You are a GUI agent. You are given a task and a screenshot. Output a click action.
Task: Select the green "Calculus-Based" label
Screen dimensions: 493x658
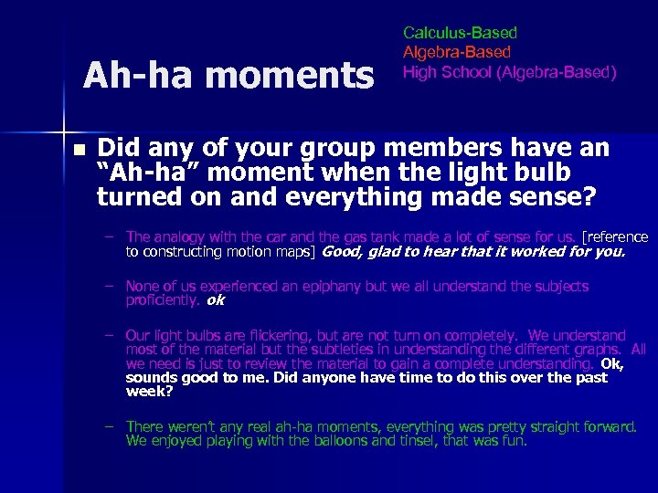coord(460,33)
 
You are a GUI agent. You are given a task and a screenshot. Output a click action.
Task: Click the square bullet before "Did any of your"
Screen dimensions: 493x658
coord(80,150)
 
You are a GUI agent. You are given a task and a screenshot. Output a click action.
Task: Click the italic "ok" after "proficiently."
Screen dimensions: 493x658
coord(216,300)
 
